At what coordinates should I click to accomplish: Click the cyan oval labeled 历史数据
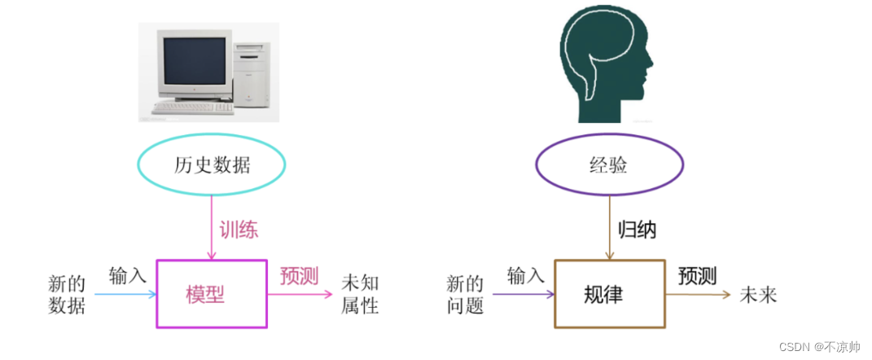point(212,165)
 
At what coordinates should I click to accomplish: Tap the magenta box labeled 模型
point(211,294)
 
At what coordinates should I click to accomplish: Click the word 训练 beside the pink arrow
point(239,230)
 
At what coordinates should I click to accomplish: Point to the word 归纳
point(637,230)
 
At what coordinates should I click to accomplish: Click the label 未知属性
point(359,294)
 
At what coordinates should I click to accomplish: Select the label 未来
point(757,294)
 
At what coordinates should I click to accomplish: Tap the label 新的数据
point(67,294)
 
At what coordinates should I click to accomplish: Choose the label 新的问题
point(465,294)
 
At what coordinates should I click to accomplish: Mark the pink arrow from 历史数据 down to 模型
point(212,228)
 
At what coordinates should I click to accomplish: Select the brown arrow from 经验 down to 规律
point(609,228)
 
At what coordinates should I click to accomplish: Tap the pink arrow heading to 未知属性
point(300,294)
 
